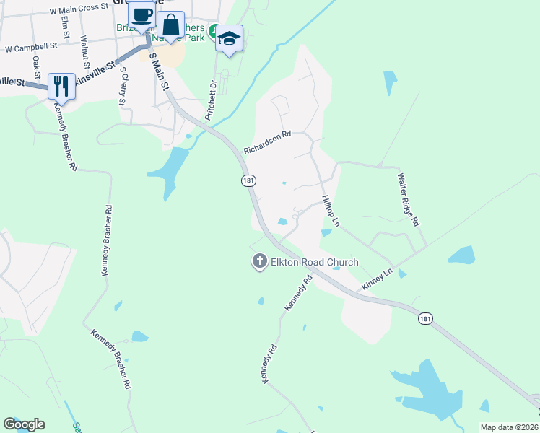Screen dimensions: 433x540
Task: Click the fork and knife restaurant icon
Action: coord(61,86)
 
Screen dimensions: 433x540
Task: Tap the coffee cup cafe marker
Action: coord(141,14)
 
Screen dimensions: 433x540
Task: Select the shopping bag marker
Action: coord(171,25)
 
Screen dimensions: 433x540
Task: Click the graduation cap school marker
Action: coord(230,38)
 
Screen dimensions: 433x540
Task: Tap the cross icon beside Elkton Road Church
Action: coord(259,261)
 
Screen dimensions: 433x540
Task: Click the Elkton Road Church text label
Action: coord(314,262)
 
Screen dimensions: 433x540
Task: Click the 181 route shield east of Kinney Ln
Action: coord(426,318)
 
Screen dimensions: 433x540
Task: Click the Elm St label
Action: coord(65,33)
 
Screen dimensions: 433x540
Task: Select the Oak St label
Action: coord(35,69)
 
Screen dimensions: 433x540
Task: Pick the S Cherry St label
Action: coord(123,86)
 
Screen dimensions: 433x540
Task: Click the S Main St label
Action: coord(159,71)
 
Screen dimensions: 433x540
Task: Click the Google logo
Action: coord(24,424)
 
